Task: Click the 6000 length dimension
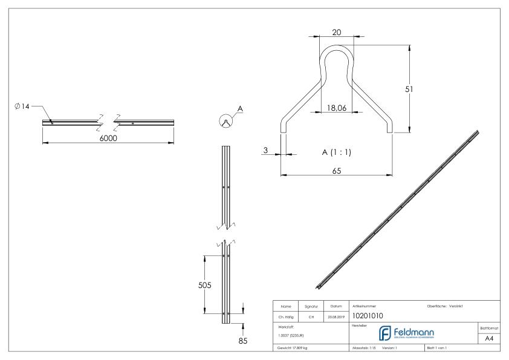coord(108,139)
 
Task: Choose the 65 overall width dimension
coord(337,171)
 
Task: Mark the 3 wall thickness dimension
coord(265,149)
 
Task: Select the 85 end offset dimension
coord(243,339)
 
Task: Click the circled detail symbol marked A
coord(224,120)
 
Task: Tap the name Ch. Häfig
coord(287,316)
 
